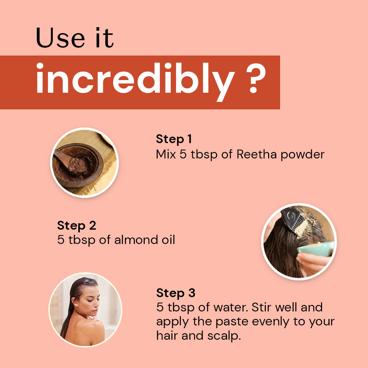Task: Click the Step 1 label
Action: [174, 139]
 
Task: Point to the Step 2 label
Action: [77, 226]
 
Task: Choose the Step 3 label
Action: [176, 293]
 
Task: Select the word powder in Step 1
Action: [303, 155]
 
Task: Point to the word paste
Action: [232, 322]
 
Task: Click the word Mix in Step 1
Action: [166, 154]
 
